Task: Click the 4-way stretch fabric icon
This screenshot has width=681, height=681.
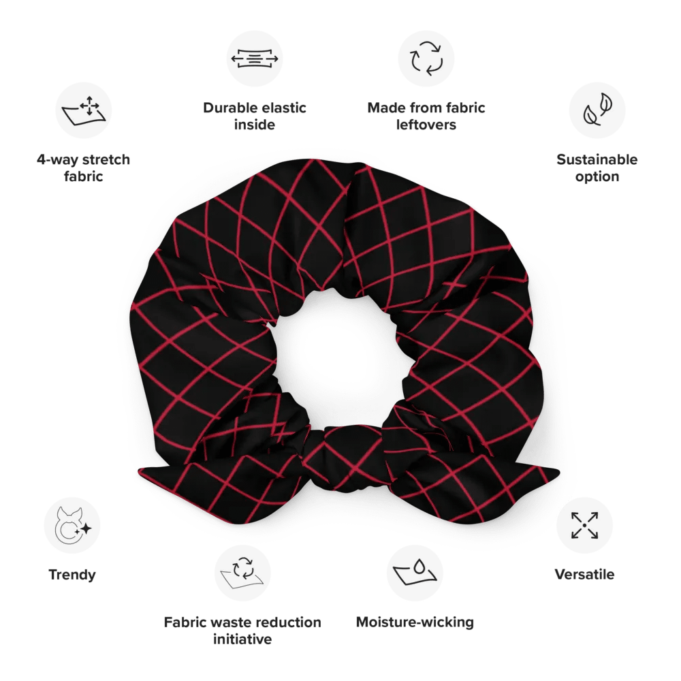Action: pos(83,110)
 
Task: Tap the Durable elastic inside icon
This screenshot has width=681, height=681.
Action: pos(255,59)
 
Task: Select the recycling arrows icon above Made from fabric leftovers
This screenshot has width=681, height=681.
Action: pos(426,59)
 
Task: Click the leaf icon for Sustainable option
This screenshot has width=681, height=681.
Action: pos(597,110)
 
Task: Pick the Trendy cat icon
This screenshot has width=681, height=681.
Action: pos(72,525)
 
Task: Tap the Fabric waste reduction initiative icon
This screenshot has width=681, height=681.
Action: pos(243,573)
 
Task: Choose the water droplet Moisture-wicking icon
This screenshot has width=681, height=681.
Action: pos(415,573)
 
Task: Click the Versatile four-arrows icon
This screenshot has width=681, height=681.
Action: pos(584,525)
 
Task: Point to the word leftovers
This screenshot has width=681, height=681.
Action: pos(426,125)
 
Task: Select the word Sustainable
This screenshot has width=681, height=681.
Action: pos(597,159)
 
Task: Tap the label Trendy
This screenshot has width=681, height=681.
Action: pos(72,575)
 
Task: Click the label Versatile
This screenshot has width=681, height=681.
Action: pos(584,574)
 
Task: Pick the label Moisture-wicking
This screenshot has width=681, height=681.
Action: pos(415,622)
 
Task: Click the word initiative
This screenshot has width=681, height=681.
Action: pos(242,639)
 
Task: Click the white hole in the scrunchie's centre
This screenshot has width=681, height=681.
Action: pos(341,360)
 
